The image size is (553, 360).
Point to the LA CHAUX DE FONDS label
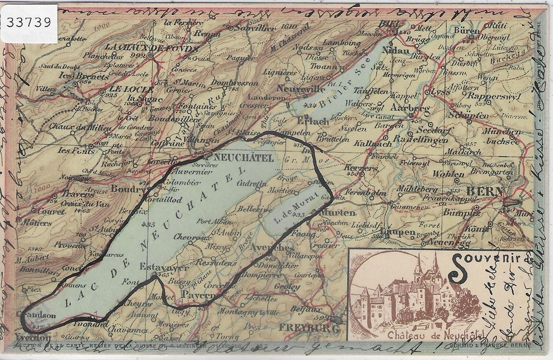pyautogui.click(x=150, y=48)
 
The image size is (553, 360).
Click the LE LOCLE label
pyautogui.click(x=124, y=88)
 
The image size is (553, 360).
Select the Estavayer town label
pyautogui.click(x=160, y=267)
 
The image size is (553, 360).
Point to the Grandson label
pyautogui.click(x=36, y=315)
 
